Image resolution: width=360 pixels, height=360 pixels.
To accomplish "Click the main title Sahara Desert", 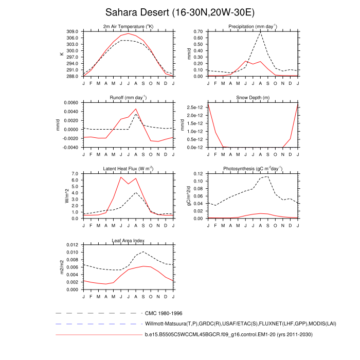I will (x=179, y=12).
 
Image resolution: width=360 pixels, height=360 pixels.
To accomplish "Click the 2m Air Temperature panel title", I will (x=129, y=26).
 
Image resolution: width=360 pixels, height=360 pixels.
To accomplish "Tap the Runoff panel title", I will (x=129, y=97).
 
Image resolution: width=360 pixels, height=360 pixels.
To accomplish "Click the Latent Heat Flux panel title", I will (x=129, y=169).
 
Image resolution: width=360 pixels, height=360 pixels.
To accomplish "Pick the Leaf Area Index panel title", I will (x=129, y=240).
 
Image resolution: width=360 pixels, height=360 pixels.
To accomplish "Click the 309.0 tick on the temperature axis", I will (x=72, y=31).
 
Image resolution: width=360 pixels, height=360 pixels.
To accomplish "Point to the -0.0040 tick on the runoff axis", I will (x=69, y=147).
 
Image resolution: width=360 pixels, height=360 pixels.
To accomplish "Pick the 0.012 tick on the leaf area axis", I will (x=71, y=245).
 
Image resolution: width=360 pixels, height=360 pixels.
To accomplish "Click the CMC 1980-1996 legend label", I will (x=164, y=313).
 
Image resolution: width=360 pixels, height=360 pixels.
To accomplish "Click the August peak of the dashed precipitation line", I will (x=261, y=33).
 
